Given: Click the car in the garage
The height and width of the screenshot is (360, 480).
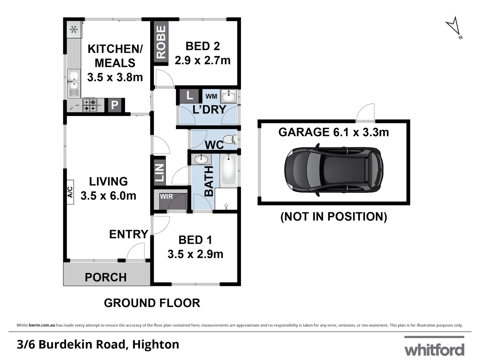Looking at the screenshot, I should pos(334,168).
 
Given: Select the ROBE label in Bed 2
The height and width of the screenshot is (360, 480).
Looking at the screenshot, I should pos(161,42).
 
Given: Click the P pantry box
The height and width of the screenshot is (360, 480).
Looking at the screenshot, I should pos(114,105).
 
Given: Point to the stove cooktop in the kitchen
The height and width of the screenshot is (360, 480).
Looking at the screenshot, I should pos(90,105).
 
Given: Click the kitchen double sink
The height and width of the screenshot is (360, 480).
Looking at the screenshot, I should pos(73,83).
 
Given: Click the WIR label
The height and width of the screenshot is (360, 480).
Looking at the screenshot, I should pos(166,197).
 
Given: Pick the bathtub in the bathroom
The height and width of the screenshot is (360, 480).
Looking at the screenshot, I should pos(229,170).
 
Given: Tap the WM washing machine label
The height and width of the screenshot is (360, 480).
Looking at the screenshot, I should pos(211,96).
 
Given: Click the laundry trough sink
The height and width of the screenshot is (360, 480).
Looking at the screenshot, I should pos(228,96).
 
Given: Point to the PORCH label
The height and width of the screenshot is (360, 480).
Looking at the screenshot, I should pos(106,277).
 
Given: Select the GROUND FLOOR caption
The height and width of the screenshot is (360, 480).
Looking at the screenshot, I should pos(152,303).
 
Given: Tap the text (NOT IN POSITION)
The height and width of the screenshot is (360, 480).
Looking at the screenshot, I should pos(334,217).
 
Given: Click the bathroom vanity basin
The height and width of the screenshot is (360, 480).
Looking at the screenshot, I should pos(201,159).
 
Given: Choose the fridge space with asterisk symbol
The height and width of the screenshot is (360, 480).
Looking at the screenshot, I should pos(74,30).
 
